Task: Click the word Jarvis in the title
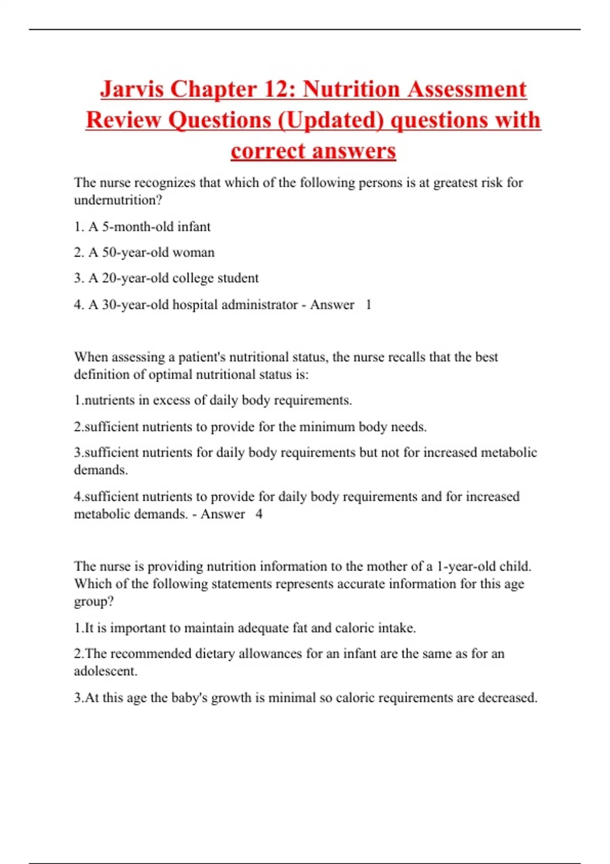point(131,89)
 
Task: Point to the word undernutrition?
point(118,200)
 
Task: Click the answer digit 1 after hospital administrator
point(369,305)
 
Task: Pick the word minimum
point(327,427)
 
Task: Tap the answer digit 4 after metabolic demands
point(259,514)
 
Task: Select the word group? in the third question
point(94,602)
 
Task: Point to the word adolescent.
point(105,671)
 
